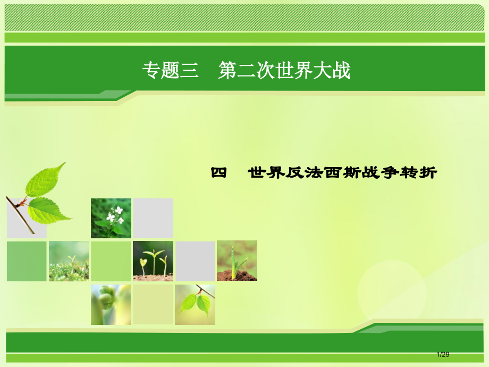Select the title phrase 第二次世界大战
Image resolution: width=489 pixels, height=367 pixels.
click(284, 71)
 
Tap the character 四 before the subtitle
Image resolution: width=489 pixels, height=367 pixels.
click(218, 173)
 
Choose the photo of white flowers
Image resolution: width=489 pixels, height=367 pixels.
click(111, 218)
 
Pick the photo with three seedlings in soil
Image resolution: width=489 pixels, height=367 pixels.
click(153, 261)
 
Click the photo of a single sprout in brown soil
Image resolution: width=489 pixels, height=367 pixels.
click(237, 261)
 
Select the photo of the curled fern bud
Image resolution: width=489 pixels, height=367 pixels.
click(111, 304)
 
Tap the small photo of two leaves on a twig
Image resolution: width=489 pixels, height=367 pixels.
click(195, 304)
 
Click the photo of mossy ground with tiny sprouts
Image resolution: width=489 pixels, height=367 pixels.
click(69, 261)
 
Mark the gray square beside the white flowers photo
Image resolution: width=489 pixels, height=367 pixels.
click(153, 218)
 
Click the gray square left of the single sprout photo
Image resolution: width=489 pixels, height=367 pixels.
click(195, 261)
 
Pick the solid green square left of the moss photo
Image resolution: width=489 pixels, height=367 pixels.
click(27, 261)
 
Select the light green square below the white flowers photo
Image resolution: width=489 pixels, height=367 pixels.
click(111, 261)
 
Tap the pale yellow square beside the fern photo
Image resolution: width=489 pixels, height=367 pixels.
click(153, 304)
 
